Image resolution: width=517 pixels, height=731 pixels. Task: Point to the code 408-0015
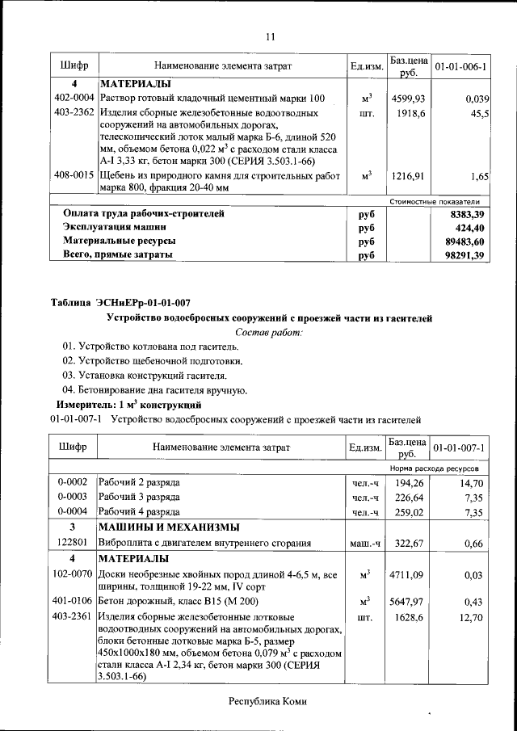tap(74, 175)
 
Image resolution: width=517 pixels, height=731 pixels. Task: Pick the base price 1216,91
tap(408, 175)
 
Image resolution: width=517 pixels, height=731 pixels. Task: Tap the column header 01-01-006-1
tap(459, 65)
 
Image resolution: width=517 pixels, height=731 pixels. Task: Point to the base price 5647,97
tap(408, 603)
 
